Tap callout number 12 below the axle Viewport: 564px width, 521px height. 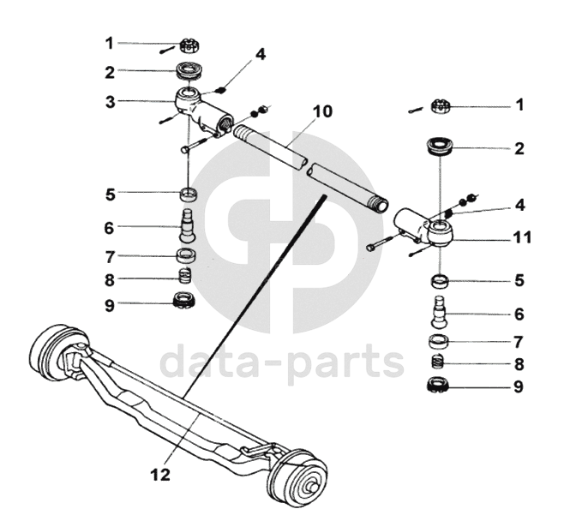159,473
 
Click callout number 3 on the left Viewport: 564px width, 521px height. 111,102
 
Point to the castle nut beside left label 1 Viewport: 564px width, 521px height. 189,45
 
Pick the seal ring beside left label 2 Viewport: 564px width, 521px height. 189,70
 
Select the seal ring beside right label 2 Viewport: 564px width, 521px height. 440,147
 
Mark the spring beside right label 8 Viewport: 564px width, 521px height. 440,362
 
